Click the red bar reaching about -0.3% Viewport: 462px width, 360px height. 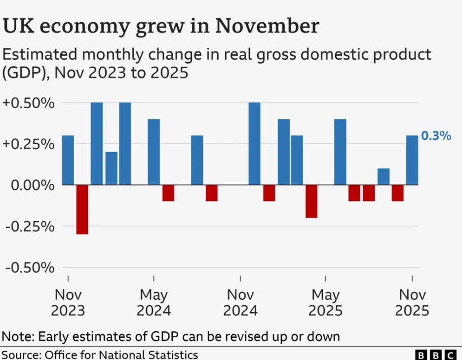pos(82,209)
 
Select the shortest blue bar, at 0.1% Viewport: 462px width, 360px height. pos(384,177)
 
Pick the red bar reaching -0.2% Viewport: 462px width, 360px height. pos(311,201)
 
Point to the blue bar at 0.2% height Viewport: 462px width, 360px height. pos(112,168)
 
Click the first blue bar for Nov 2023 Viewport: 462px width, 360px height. pos(68,160)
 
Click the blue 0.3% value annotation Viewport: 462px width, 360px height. pos(436,136)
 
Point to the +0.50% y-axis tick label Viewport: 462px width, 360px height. pos(28,103)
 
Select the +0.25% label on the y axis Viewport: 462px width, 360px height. pos(28,144)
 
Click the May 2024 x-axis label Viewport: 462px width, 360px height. pos(154,303)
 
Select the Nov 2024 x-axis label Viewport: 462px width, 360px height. pos(240,303)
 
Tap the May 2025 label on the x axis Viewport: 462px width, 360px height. pos(326,303)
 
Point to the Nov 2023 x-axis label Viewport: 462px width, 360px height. pos(68,303)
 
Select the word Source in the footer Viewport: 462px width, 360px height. pos(21,355)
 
